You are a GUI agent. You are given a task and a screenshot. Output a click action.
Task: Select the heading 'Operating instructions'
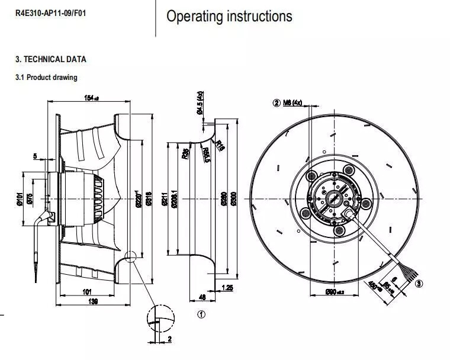coord(229,16)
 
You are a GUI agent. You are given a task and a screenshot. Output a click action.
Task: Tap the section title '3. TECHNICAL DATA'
coord(50,59)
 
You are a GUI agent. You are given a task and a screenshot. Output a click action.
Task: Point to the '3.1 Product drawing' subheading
coord(46,77)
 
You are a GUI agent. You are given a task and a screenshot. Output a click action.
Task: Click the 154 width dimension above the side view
coord(91,99)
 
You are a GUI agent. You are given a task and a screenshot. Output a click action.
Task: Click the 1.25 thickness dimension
coord(227,288)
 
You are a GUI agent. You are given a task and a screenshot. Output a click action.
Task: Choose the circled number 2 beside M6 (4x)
coord(276,103)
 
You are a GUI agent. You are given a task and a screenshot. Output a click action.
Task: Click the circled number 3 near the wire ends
coord(419,284)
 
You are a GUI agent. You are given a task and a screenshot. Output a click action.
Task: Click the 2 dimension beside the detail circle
coord(169,339)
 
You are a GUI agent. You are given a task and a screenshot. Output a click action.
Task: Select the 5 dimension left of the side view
coord(35,156)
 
